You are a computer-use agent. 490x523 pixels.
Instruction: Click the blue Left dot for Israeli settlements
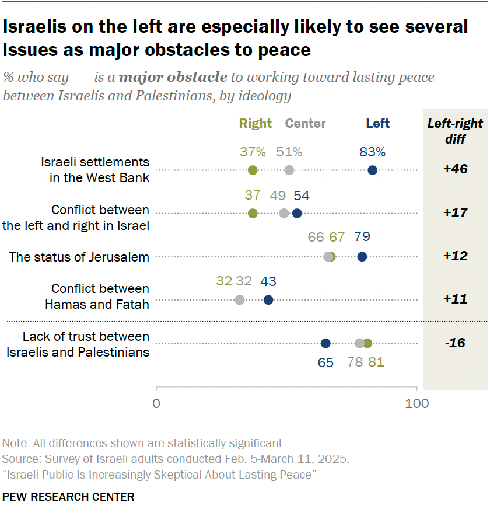click(x=373, y=170)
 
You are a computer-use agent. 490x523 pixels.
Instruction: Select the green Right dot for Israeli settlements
click(x=253, y=170)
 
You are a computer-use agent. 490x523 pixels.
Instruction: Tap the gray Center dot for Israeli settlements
click(x=289, y=170)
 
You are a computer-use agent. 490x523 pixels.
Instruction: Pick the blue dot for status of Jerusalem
click(x=362, y=257)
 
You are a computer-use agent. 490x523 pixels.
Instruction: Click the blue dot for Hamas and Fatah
click(x=268, y=300)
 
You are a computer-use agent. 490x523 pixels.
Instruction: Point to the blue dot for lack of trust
click(x=325, y=343)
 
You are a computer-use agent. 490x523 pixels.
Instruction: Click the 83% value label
click(x=372, y=152)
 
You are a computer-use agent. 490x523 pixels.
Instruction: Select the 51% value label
click(x=289, y=152)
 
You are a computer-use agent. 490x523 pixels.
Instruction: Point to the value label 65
click(x=325, y=362)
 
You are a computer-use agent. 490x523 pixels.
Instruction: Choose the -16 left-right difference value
click(x=455, y=343)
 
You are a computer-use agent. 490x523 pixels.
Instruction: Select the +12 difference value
click(x=455, y=257)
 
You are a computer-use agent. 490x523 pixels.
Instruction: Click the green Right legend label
click(x=256, y=124)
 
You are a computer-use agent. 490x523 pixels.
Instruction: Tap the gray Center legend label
click(x=305, y=124)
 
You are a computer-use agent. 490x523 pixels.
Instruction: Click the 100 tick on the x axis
click(x=416, y=404)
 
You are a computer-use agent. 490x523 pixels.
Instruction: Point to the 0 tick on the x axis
click(x=156, y=404)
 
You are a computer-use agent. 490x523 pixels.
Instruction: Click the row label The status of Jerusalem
click(x=79, y=257)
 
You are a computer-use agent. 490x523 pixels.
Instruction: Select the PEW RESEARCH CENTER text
click(x=68, y=497)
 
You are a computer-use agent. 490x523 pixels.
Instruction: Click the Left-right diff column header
click(x=455, y=131)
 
